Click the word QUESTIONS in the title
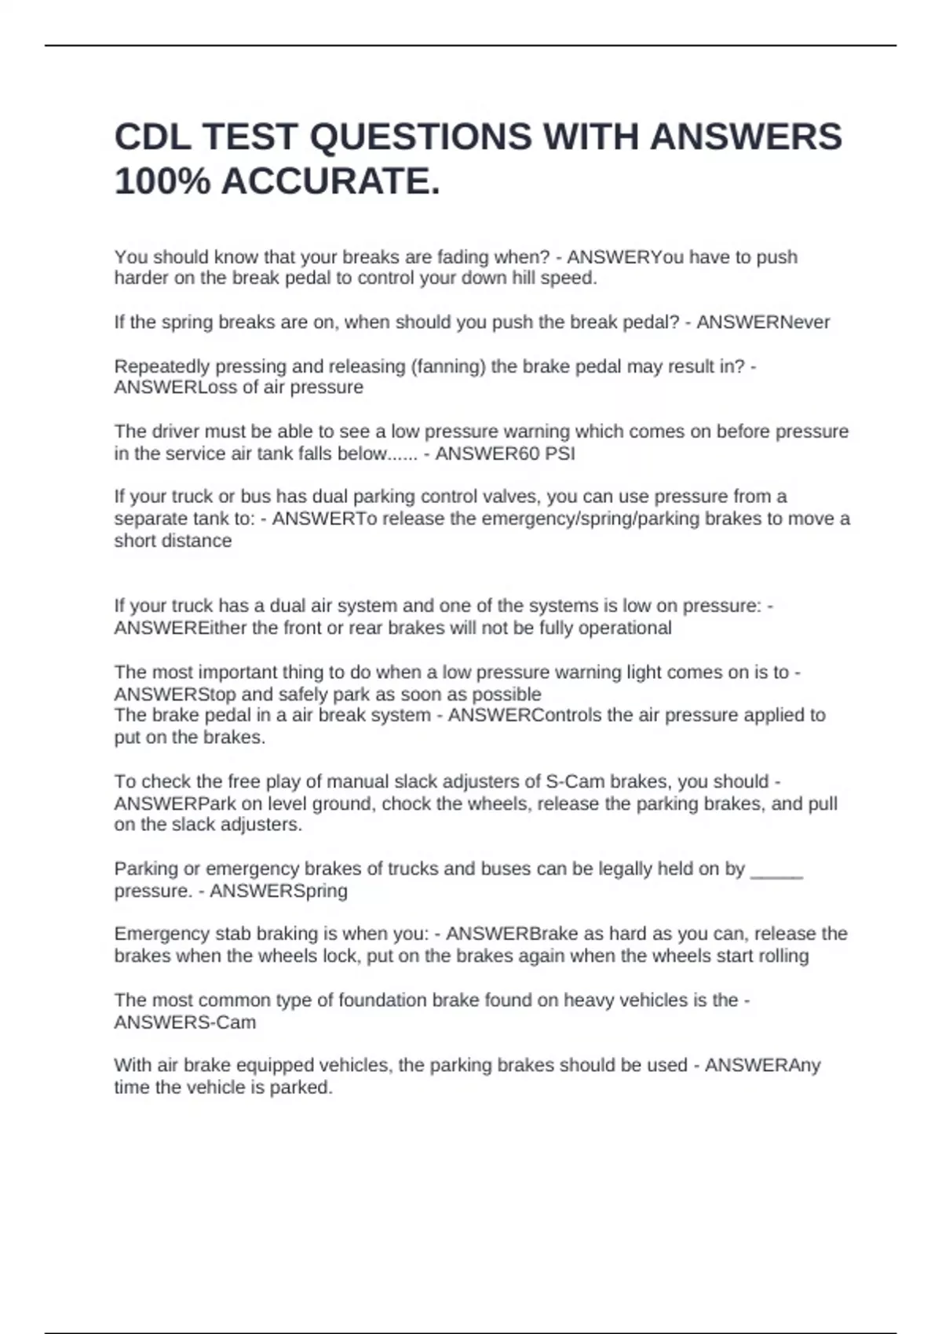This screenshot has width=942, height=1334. (421, 137)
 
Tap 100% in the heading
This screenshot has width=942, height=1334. (162, 182)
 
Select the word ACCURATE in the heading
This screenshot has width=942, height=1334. (330, 182)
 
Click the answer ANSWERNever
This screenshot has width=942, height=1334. (763, 323)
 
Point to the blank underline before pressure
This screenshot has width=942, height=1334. (776, 869)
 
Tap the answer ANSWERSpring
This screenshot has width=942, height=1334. (279, 891)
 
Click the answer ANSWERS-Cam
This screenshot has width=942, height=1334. (185, 1022)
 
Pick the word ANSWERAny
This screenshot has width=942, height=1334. (763, 1066)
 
